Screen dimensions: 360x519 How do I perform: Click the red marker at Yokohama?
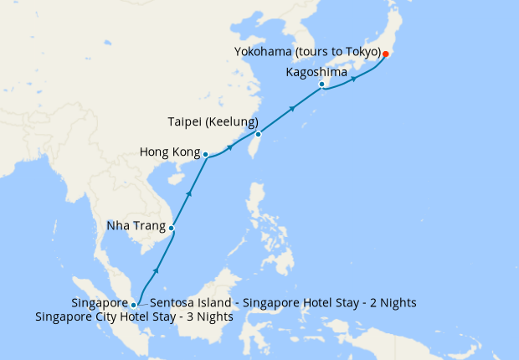385,54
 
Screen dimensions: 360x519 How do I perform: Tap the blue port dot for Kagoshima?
321,85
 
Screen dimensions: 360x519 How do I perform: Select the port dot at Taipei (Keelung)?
259,134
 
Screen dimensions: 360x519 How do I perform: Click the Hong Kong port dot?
205,154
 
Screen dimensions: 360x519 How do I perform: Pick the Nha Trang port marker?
171,228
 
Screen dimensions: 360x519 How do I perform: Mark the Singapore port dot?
133,305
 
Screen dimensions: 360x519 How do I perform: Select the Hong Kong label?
170,153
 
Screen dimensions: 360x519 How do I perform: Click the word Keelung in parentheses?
230,121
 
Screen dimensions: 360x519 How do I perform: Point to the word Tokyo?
362,53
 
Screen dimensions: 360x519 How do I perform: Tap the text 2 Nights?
388,302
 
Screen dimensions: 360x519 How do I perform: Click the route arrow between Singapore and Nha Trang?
155,273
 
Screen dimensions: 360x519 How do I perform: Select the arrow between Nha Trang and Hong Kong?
189,193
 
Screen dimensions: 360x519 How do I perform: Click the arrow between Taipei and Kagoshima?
292,108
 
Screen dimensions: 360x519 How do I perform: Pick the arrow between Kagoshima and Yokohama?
354,80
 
